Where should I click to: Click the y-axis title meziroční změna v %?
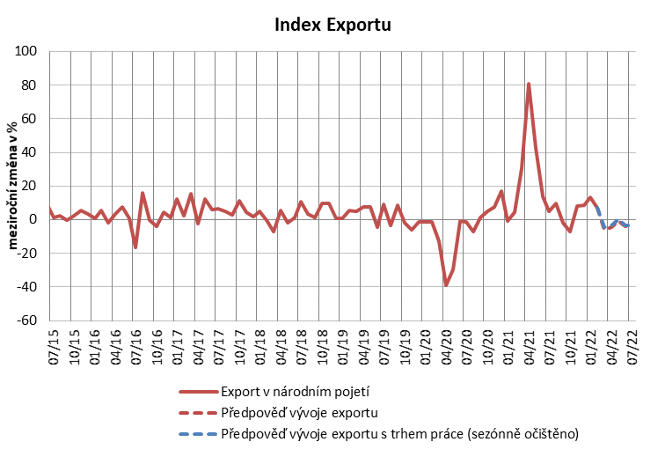[15, 186]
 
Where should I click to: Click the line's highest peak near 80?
[529, 84]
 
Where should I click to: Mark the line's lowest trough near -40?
[446, 285]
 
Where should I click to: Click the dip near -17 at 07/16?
[135, 247]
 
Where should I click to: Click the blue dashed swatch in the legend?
[197, 432]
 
